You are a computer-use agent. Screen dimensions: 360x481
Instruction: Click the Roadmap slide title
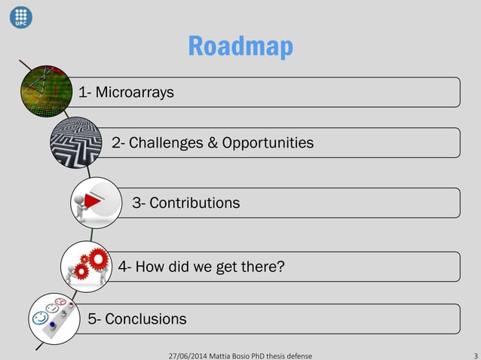(x=240, y=46)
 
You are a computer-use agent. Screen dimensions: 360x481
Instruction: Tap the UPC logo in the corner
(x=21, y=16)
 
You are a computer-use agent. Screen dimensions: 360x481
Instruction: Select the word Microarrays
(x=133, y=93)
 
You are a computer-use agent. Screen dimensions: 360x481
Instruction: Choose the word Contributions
(x=195, y=203)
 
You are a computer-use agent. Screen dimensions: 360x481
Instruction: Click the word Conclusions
(x=146, y=319)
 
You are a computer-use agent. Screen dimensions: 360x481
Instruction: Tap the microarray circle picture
(x=44, y=93)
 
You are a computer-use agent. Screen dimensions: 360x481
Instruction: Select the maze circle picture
(x=75, y=141)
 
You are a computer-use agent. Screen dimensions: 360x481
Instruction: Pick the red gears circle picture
(x=87, y=265)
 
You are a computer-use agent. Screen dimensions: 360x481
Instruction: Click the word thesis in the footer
(x=280, y=354)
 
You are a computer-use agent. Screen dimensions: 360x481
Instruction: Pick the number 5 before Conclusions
(x=92, y=319)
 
